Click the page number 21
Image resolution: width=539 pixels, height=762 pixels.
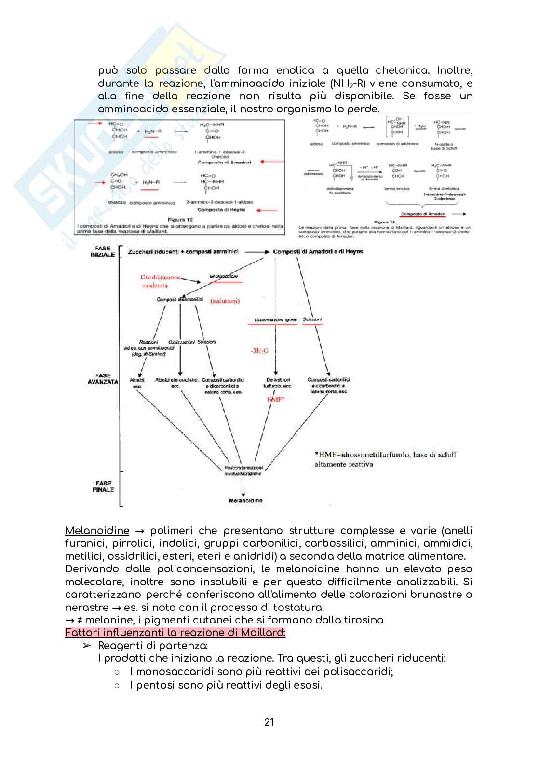tap(269, 722)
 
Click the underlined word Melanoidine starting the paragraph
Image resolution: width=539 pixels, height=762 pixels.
tap(97, 531)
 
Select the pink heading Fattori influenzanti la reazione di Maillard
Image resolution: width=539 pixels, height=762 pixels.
tap(175, 633)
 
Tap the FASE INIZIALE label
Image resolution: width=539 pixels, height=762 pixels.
tap(103, 251)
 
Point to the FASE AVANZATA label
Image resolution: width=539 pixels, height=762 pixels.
tap(103, 378)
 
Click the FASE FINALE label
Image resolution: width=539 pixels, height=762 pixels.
tap(103, 486)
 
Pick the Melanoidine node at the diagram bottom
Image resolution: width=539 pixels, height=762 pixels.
tap(245, 500)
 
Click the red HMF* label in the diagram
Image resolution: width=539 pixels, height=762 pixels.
tap(276, 400)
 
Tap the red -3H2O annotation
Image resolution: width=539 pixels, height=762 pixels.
tap(259, 351)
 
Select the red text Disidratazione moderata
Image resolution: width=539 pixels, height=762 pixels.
tap(160, 281)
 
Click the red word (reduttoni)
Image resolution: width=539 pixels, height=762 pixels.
tap(225, 300)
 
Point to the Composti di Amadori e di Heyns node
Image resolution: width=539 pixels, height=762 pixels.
tap(318, 251)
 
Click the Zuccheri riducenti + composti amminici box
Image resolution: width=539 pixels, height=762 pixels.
tap(183, 251)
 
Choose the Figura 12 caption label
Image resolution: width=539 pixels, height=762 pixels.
tap(179, 219)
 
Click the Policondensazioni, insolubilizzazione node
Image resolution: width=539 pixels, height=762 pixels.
tap(243, 471)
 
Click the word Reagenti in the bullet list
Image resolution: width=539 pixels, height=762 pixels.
tap(119, 645)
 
